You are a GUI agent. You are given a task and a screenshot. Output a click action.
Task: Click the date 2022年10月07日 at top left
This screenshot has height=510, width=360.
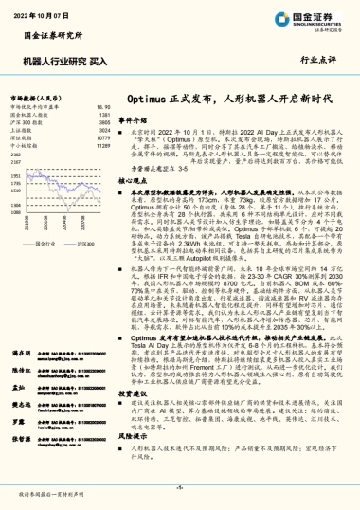point(45,16)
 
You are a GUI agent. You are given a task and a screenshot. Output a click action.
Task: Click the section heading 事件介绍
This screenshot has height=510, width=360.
point(135,120)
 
